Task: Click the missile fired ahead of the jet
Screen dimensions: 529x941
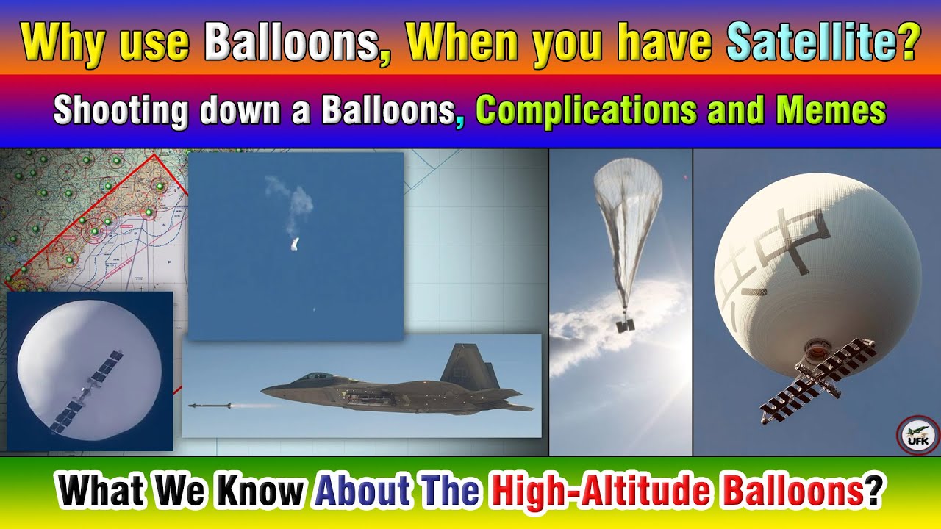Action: point(210,405)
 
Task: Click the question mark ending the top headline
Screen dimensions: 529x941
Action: point(909,43)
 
